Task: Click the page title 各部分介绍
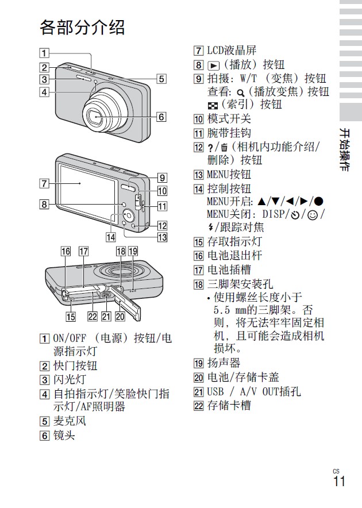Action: [82, 27]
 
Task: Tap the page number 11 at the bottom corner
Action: [339, 481]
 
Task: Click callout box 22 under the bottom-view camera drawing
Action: [92, 315]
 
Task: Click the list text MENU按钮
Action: [229, 174]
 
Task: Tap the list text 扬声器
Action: [224, 363]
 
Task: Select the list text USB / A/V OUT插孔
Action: [253, 391]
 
